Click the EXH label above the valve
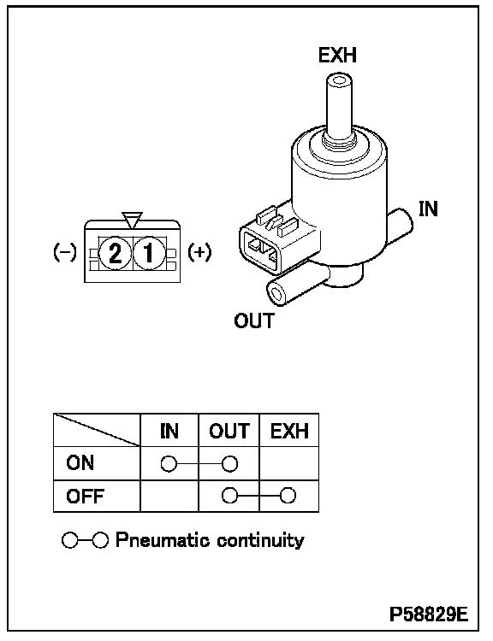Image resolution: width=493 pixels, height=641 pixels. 337,56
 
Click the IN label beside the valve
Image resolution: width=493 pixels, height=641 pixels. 428,209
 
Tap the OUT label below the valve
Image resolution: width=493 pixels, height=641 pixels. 254,320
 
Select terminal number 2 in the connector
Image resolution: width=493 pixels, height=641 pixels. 115,253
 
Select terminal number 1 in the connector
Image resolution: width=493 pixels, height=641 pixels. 149,253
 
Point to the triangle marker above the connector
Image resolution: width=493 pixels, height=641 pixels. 133,220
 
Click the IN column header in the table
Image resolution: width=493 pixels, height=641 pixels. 169,431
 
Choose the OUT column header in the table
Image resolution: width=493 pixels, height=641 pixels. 229,431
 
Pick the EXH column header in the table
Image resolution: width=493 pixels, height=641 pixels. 289,431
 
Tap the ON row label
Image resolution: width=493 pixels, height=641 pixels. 80,462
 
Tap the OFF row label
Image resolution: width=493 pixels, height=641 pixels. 85,497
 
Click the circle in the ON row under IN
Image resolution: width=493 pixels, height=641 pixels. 169,464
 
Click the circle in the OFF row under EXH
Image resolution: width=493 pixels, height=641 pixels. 288,496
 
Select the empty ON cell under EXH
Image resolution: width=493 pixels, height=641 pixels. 289,463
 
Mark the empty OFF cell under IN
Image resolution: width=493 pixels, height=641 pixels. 169,496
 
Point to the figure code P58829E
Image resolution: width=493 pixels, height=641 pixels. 429,614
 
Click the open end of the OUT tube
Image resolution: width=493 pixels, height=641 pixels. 277,294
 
